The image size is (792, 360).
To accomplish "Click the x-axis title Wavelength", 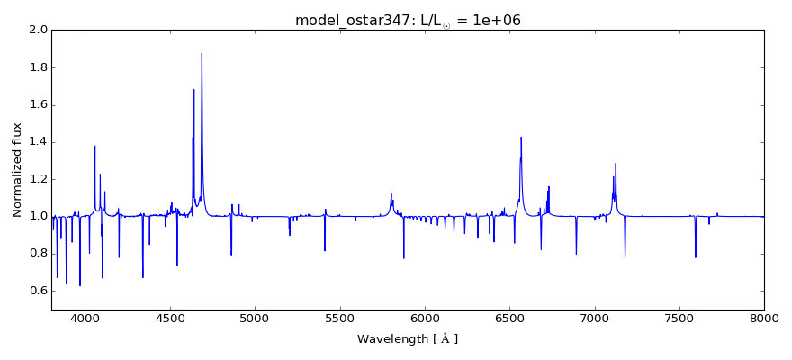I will click(x=407, y=339).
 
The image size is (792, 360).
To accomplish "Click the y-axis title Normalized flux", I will click(x=17, y=170).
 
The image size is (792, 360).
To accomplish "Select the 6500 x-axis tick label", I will click(x=509, y=317).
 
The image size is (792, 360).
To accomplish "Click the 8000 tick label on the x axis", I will click(x=763, y=317).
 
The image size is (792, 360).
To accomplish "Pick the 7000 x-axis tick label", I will click(x=594, y=317).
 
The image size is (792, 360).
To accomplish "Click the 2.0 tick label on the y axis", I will click(x=37, y=30).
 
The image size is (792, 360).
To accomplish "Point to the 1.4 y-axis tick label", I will click(x=37, y=142).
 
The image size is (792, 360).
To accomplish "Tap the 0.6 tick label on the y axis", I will click(x=37, y=291).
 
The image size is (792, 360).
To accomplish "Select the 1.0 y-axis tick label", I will click(x=37, y=217).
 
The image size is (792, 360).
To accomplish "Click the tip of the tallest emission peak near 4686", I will click(x=202, y=53).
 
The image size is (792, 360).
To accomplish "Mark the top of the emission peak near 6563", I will click(x=521, y=138).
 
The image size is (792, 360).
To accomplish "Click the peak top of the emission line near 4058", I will click(x=94, y=146).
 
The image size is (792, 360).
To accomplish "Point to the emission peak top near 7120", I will click(x=616, y=163).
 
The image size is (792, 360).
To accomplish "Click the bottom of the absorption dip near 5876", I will click(x=403, y=258).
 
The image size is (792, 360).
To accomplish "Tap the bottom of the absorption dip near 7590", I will click(x=695, y=257).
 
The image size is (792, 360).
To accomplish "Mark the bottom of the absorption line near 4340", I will click(x=142, y=277).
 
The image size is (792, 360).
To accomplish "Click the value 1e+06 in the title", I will click(x=490, y=21).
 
